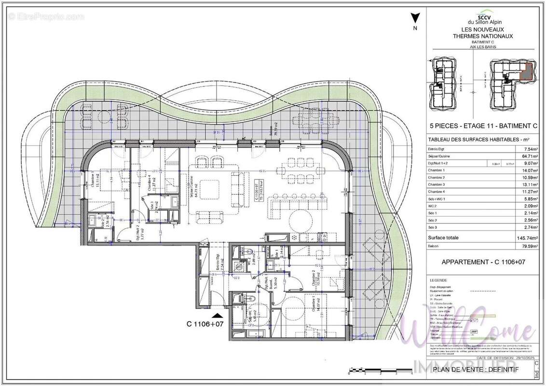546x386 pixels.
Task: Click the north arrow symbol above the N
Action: point(414,19)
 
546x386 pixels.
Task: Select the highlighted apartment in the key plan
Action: point(527,71)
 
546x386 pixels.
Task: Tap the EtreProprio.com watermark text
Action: point(46,16)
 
